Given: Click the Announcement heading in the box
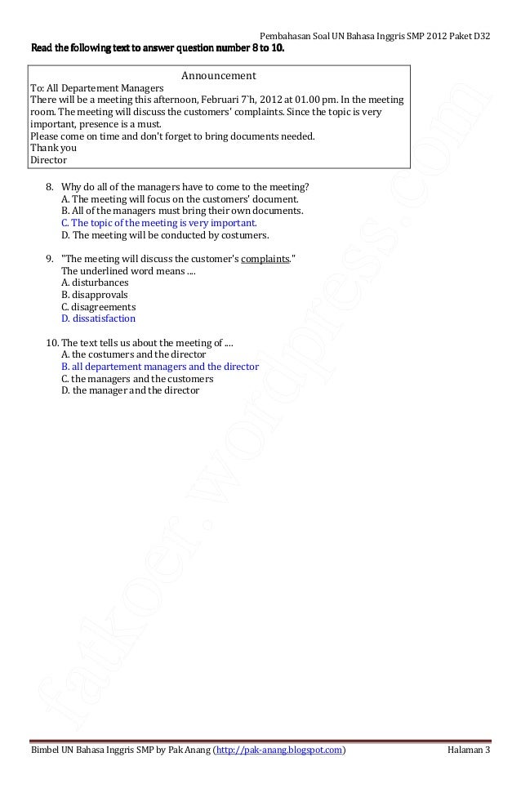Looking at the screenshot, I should [218, 76].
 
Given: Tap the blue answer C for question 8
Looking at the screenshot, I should [158, 222].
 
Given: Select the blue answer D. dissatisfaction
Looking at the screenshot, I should [98, 318].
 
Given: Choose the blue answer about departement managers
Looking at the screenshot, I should [159, 367].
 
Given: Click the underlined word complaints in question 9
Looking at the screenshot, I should [265, 260].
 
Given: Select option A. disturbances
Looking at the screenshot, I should [94, 283].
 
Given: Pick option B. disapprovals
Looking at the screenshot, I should [94, 295].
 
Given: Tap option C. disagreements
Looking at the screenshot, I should [98, 307].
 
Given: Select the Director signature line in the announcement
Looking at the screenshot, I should [48, 160].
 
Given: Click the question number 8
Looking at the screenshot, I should [49, 186].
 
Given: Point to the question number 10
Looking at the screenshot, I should [51, 343].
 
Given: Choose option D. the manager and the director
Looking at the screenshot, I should [130, 391].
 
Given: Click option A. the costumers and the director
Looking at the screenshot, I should [133, 354].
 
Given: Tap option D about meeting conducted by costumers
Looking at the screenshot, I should [164, 234].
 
